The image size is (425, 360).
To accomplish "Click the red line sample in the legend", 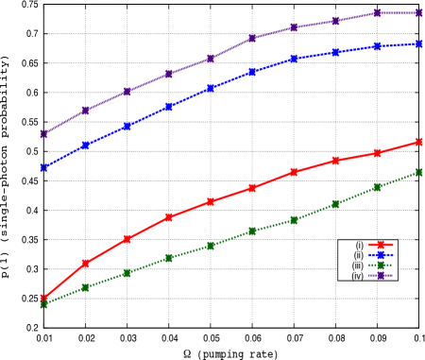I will point(381,245).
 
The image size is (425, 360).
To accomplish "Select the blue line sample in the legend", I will point(381,255).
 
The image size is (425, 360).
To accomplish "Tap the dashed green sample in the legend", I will point(381,266).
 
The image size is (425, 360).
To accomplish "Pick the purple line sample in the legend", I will point(381,276).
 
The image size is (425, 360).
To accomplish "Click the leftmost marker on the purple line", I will point(44,134).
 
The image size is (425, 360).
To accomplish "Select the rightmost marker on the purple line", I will point(418,13).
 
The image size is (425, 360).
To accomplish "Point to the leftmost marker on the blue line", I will point(44,167).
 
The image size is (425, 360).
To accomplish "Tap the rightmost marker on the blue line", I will point(418,43).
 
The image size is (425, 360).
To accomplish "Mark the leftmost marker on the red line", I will point(44,299).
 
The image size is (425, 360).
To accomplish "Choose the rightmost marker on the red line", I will point(418,142).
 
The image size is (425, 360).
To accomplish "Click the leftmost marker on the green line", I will point(44,304).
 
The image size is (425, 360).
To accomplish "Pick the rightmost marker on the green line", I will point(418,172).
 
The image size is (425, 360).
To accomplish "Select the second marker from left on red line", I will point(86,263).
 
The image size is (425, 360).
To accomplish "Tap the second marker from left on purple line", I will point(86,111).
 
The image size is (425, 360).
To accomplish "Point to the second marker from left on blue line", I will point(86,146).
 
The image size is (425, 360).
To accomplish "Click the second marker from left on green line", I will point(86,287).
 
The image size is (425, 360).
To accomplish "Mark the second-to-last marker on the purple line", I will point(377,13).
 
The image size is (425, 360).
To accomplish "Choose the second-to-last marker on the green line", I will point(377,187).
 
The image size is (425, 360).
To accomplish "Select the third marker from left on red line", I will point(127,239).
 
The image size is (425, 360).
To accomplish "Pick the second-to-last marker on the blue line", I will point(377,46).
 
